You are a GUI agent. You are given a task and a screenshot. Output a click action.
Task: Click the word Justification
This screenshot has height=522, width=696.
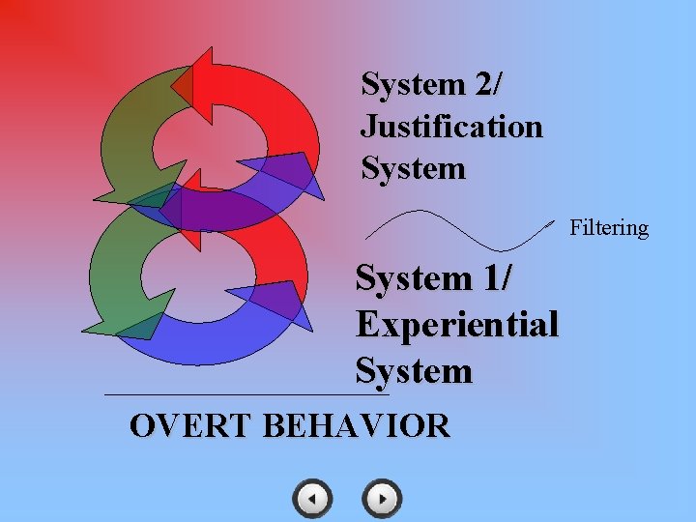(x=451, y=127)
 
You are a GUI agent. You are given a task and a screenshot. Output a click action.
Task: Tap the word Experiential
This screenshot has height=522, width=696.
(x=457, y=324)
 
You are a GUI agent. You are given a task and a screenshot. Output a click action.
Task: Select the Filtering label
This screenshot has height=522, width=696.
(x=609, y=228)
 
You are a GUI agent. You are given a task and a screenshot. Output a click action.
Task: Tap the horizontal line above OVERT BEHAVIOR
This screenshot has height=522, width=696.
(x=246, y=394)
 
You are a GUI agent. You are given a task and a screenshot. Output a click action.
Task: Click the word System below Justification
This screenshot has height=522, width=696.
(x=413, y=169)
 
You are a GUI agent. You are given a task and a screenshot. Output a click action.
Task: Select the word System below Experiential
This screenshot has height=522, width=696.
(x=414, y=370)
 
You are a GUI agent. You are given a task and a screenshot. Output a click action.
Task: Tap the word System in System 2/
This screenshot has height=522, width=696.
(x=413, y=84)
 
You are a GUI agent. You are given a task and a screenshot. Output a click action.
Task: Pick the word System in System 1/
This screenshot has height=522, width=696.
(x=414, y=278)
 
